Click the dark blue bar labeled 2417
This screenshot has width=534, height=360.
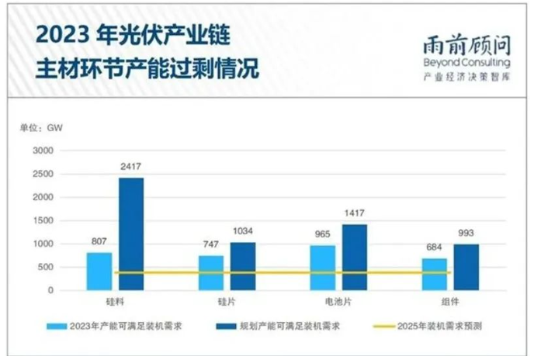pyautogui.click(x=131, y=234)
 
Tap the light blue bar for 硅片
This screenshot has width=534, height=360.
pyautogui.click(x=211, y=273)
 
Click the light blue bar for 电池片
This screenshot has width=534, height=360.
pyautogui.click(x=323, y=268)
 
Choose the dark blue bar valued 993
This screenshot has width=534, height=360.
pyautogui.click(x=466, y=268)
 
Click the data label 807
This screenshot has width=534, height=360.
pyautogui.click(x=99, y=241)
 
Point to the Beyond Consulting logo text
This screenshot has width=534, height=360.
pyautogui.click(x=466, y=61)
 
